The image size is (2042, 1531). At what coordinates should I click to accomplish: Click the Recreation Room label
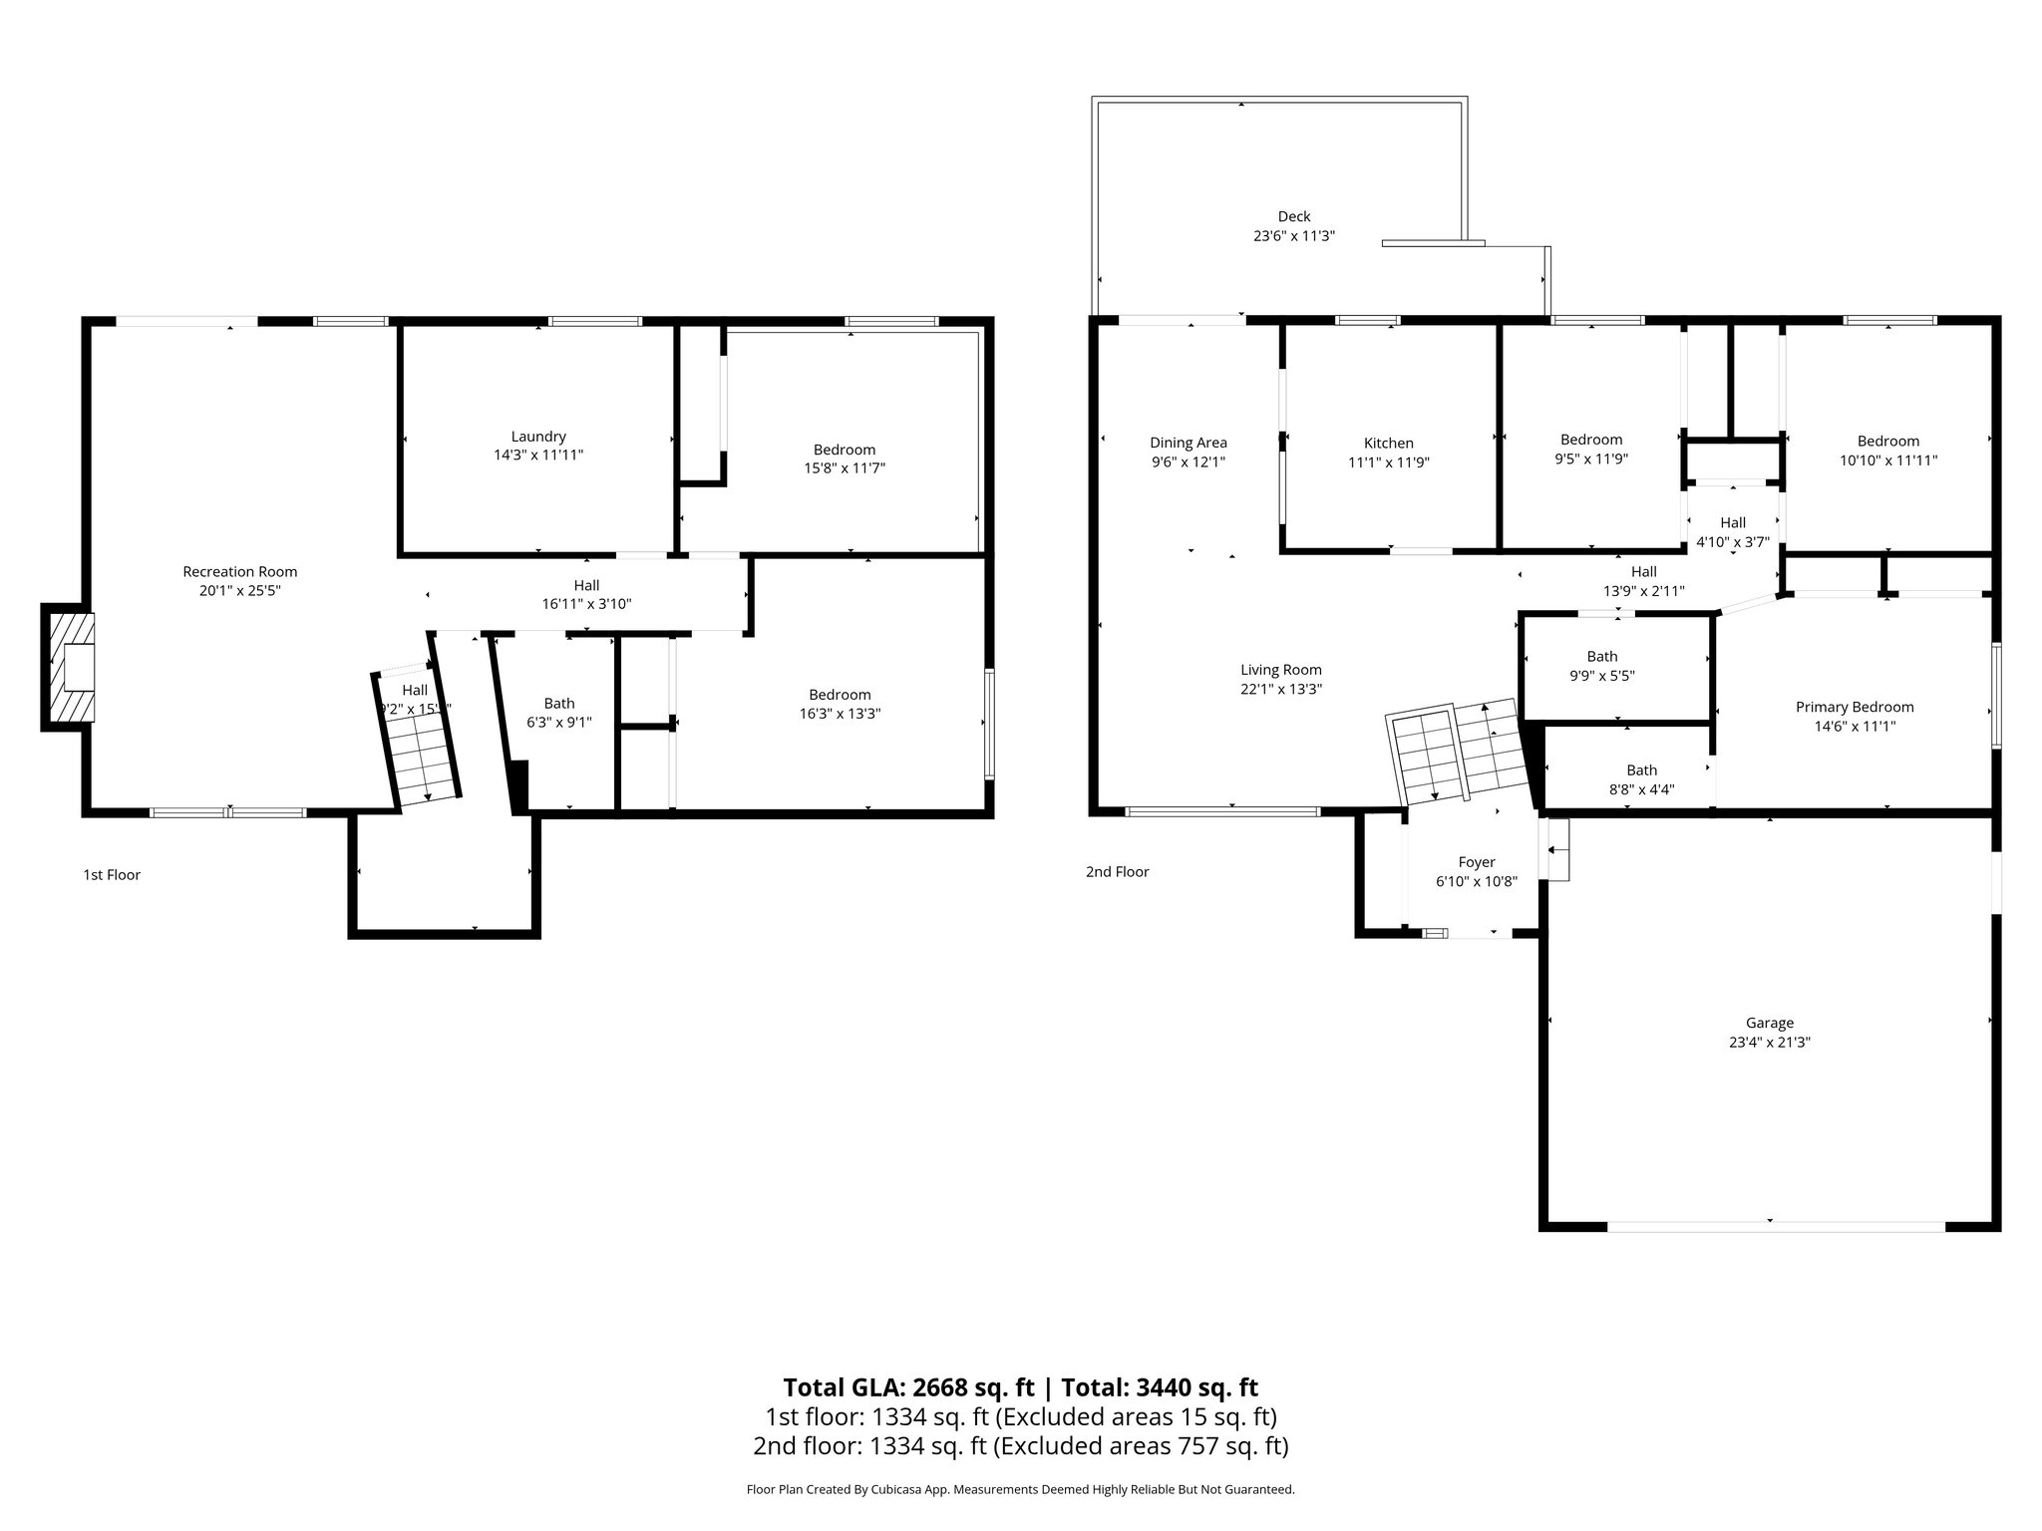[x=239, y=572]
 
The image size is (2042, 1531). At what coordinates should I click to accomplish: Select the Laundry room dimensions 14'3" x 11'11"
[x=538, y=455]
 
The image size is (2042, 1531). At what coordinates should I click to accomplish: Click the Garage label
[x=1770, y=1023]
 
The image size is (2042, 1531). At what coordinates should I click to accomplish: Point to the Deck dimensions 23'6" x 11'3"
[x=1294, y=236]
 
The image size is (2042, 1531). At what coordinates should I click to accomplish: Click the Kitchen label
[x=1389, y=444]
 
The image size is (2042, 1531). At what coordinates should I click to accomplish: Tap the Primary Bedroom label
[x=1855, y=707]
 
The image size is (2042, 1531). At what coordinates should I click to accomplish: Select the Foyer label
[x=1477, y=862]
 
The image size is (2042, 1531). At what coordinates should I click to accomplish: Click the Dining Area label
[x=1189, y=443]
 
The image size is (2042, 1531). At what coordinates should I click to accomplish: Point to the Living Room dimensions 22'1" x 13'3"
[x=1281, y=689]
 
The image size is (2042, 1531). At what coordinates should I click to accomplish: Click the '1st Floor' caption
[x=112, y=875]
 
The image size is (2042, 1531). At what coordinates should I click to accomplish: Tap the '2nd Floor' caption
[x=1118, y=872]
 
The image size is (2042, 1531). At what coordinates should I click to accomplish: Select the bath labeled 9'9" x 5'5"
[x=1602, y=665]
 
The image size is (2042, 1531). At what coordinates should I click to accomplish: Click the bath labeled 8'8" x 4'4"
[x=1642, y=779]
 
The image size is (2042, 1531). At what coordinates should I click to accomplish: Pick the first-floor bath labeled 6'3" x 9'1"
[x=559, y=713]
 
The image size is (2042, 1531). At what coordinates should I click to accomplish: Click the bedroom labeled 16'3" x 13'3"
[x=840, y=704]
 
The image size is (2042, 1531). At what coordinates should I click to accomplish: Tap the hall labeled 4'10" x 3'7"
[x=1733, y=532]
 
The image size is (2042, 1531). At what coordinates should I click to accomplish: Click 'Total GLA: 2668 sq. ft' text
[x=909, y=1387]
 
